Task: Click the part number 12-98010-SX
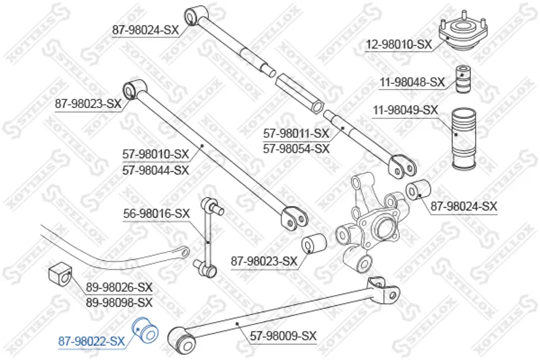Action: coord(398,45)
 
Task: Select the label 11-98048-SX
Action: coord(412,82)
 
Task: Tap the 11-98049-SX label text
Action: coord(406,110)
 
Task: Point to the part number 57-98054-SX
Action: coord(296,149)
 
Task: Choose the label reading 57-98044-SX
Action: coord(156,170)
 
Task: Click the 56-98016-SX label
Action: coord(157,213)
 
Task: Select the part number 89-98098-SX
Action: coord(119,303)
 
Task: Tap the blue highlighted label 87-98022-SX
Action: coord(91,341)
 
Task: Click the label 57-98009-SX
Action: coord(283,336)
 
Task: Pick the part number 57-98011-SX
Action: coord(296,133)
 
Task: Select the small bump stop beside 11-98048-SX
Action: coord(463,78)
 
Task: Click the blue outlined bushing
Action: coord(146,330)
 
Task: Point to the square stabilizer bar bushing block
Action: coord(59,274)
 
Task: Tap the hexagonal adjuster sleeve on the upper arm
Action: coord(299,93)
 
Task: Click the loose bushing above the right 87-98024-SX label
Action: coord(418,190)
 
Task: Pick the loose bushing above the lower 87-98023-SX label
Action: coord(314,242)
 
